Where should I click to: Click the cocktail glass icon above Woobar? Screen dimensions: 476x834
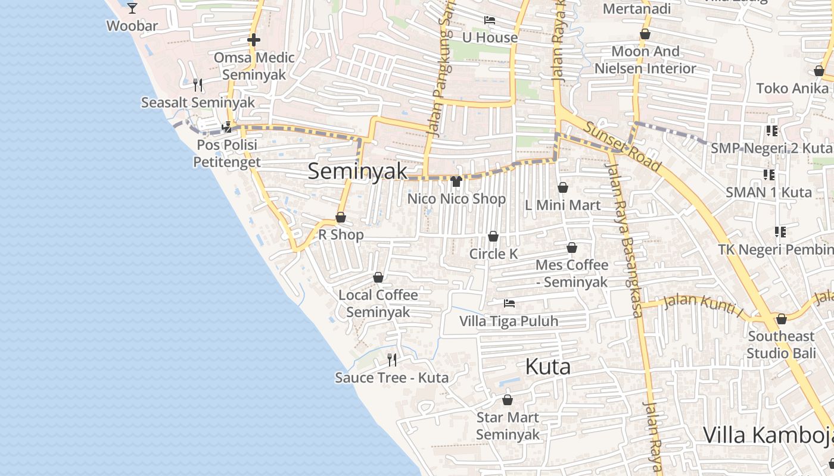[132, 8]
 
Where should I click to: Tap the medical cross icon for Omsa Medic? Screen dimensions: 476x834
[254, 40]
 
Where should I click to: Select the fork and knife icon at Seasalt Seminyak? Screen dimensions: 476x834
[198, 84]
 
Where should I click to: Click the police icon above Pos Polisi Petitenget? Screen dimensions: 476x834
[227, 127]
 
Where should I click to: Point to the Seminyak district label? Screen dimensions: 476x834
[357, 171]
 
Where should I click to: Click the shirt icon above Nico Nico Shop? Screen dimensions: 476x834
[456, 181]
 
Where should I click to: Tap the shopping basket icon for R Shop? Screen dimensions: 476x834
[341, 217]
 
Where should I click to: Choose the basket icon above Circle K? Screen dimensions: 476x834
[493, 236]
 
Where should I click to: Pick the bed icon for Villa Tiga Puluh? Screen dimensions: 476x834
[509, 303]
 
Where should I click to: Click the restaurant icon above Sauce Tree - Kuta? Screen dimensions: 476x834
[392, 359]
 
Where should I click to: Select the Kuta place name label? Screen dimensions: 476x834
[548, 367]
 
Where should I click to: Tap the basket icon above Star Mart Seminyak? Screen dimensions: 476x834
[508, 400]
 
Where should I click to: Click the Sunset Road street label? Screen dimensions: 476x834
[622, 146]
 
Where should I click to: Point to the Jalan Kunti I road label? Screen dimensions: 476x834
[703, 306]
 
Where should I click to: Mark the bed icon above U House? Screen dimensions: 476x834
[490, 20]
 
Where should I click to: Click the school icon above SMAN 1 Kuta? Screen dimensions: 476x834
[769, 175]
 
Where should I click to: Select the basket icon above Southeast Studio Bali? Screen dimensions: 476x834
[782, 319]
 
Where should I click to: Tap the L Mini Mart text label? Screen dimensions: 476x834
[562, 205]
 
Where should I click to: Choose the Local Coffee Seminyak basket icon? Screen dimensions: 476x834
[378, 277]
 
